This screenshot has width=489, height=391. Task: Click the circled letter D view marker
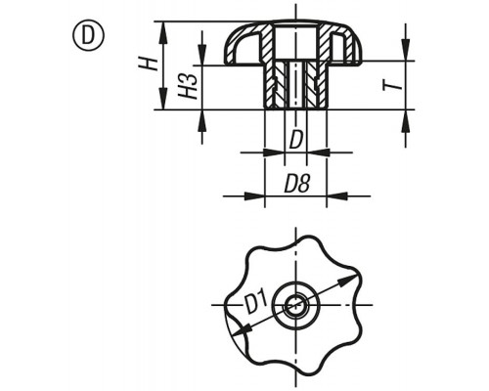coord(87,35)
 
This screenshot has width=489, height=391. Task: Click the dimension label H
coord(148,64)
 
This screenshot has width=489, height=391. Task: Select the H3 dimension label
coord(188,86)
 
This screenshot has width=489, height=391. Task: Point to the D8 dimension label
coord(296,184)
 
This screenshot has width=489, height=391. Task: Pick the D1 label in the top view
coord(256,302)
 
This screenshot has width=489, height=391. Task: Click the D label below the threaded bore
coord(295,140)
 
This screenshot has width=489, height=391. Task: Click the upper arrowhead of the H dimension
coord(163,31)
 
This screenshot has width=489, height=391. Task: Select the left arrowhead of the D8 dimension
coord(254,196)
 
